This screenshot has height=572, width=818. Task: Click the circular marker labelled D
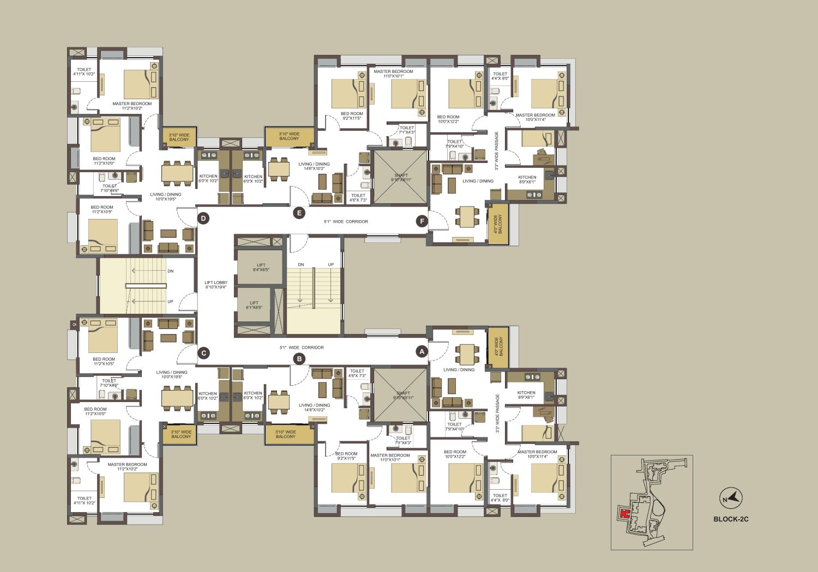pos(203,219)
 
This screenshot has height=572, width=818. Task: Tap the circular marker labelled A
pos(421,352)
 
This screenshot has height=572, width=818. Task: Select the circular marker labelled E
pos(299,213)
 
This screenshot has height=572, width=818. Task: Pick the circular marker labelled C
pos(203,353)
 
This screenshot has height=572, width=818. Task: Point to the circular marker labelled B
pos(299,358)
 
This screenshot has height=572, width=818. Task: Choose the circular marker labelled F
pos(422,221)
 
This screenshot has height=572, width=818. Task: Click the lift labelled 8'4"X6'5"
pos(261,267)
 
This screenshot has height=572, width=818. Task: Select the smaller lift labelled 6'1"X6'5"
pos(254,305)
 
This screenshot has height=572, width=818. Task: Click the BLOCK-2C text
pos(731,519)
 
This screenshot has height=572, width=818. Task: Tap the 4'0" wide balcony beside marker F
pos(498,223)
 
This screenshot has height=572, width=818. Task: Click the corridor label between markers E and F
pos(346,222)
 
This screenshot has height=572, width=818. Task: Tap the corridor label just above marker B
pos(302,348)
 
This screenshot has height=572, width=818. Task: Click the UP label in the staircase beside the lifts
pos(330,265)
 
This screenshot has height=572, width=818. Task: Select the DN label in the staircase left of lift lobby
pos(170,271)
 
